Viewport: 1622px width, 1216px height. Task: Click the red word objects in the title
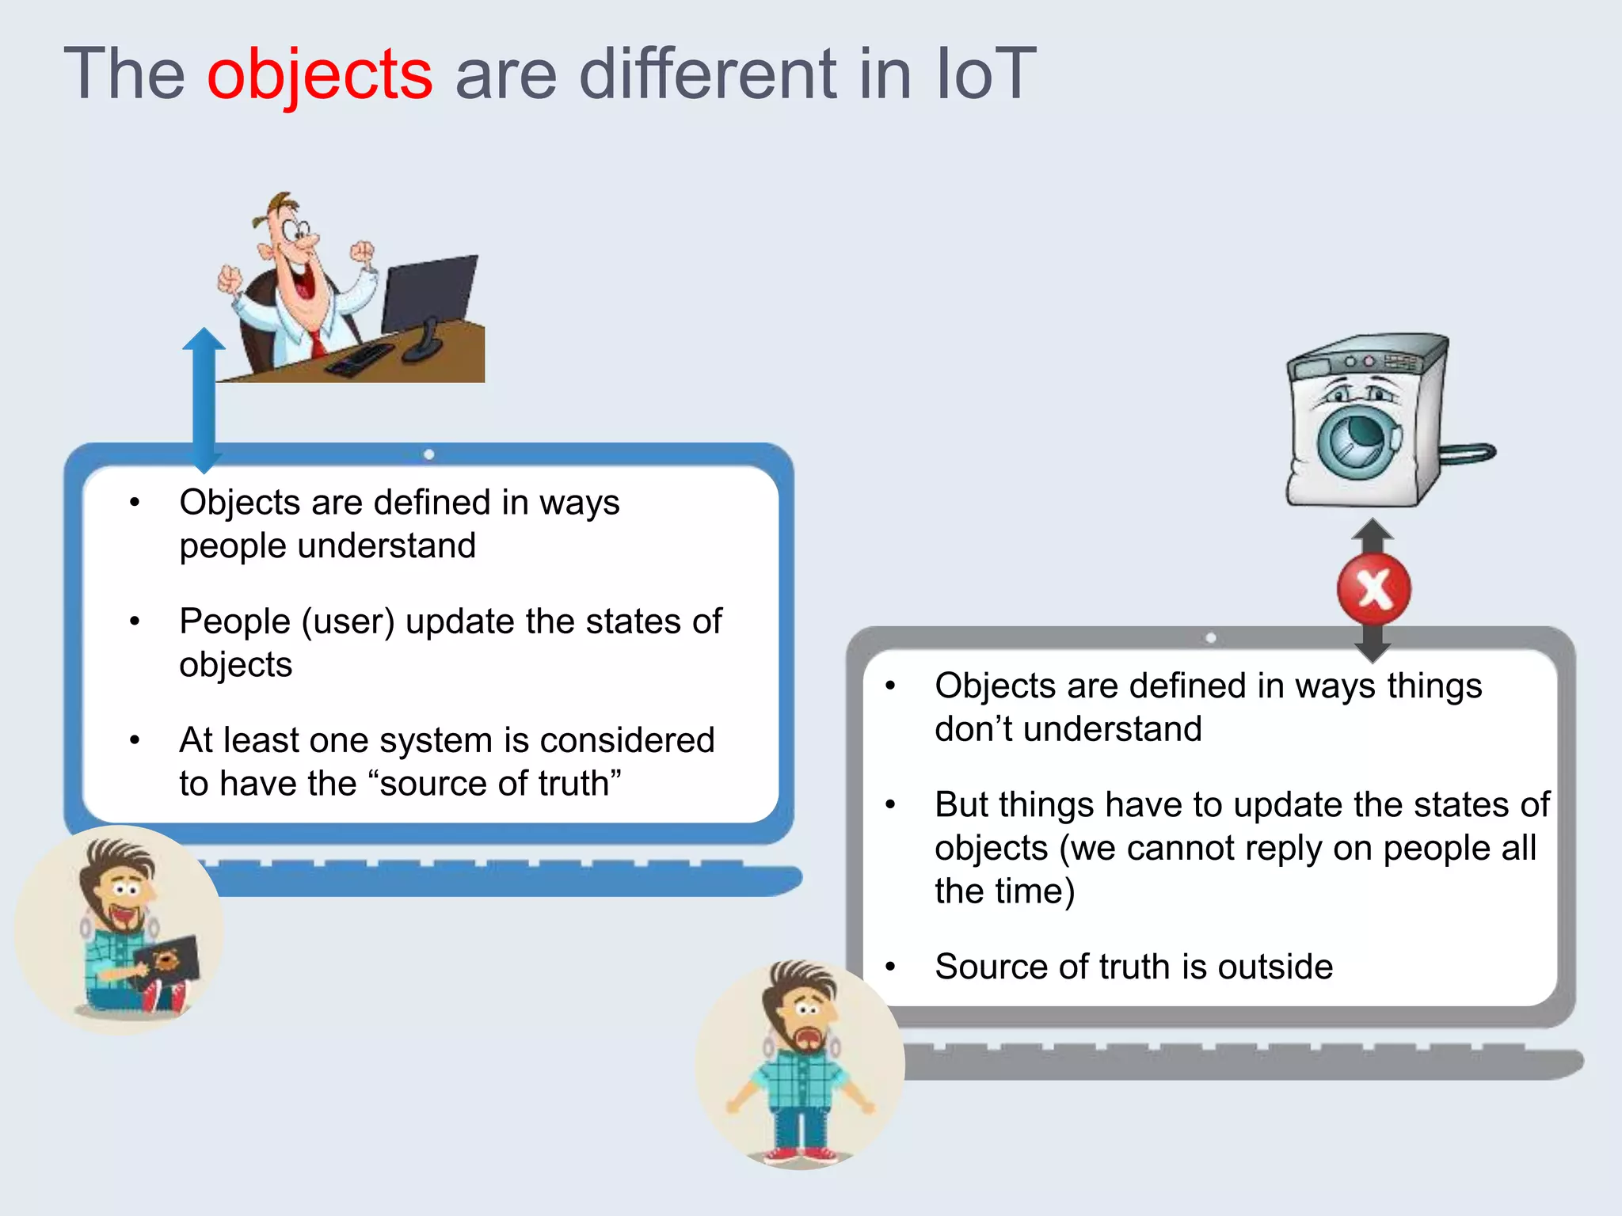point(319,75)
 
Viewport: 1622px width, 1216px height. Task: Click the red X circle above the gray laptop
point(1374,590)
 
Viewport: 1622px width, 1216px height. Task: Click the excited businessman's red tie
point(316,342)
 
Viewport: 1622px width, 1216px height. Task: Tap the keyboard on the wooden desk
point(360,359)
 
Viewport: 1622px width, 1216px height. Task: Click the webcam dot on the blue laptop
point(428,454)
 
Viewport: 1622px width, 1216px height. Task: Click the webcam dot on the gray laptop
point(1210,638)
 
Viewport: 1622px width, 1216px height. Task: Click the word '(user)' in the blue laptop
point(348,621)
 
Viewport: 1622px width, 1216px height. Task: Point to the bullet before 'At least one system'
point(135,741)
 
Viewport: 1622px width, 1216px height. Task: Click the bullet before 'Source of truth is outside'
point(890,967)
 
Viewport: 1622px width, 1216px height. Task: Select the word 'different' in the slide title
point(708,75)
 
